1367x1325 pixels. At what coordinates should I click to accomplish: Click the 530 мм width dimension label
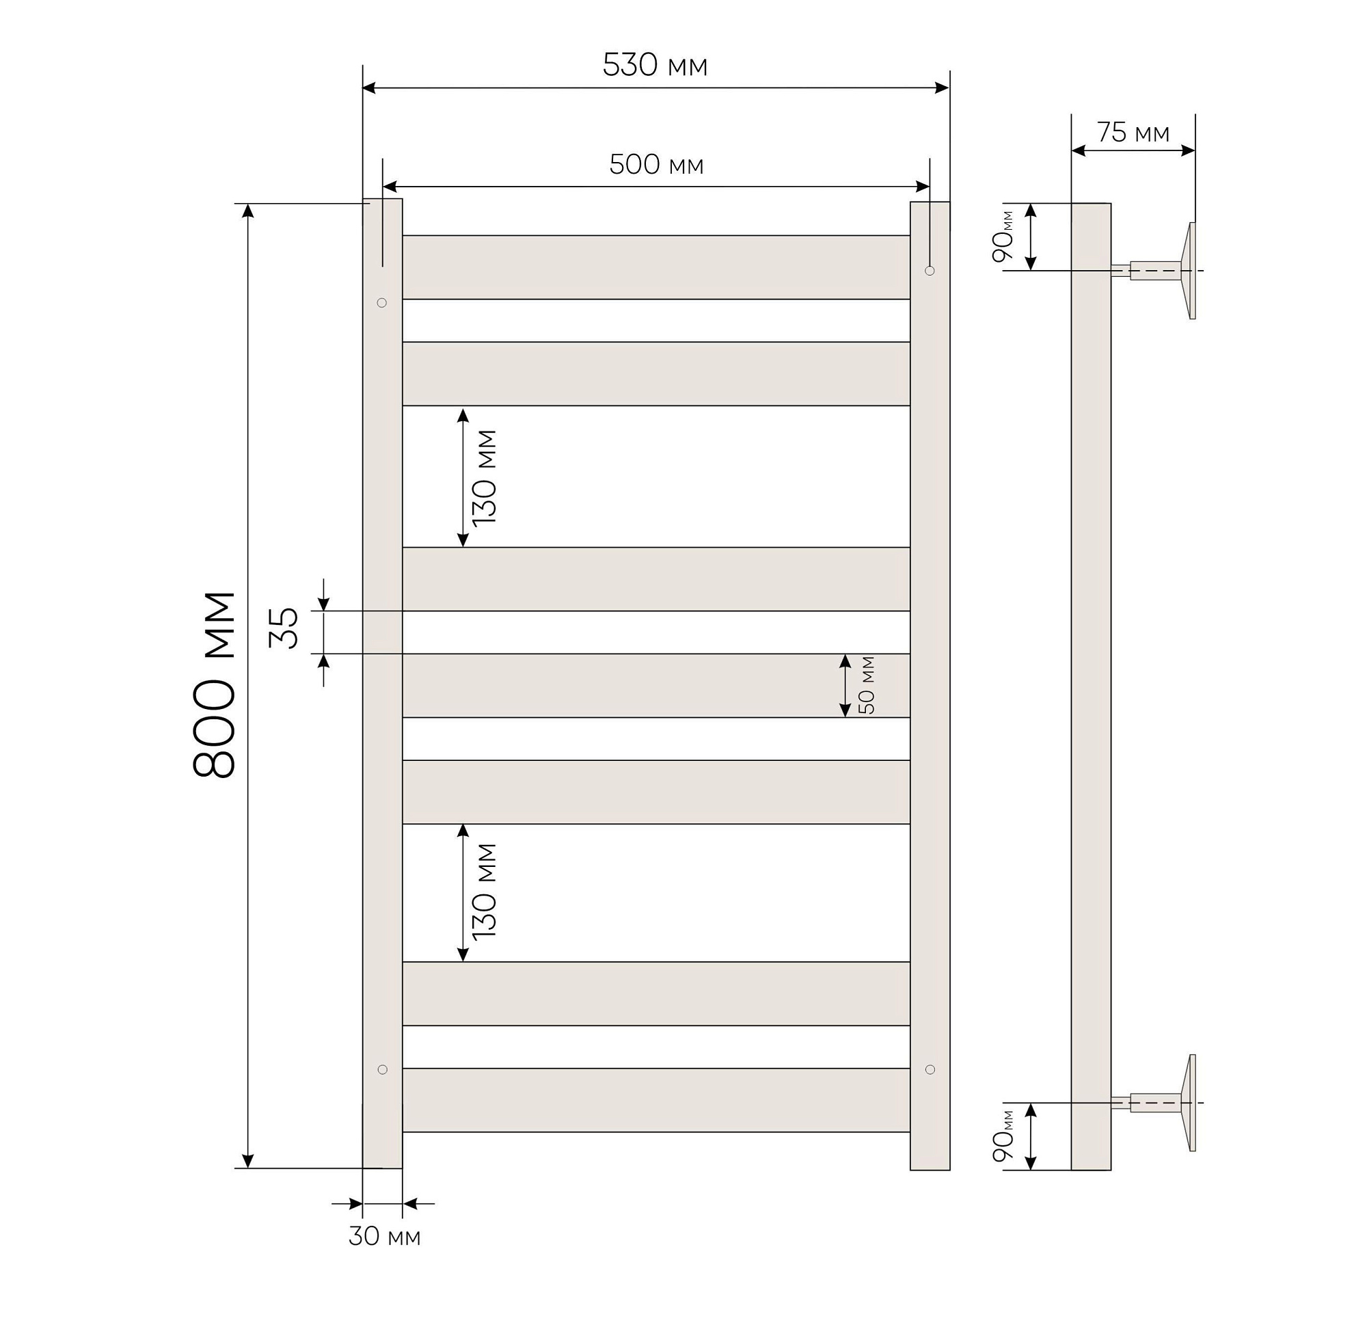point(655,66)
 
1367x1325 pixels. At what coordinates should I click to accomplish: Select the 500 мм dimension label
point(656,165)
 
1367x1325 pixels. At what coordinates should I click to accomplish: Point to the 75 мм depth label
point(1133,133)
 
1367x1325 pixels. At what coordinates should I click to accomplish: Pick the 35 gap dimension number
point(284,628)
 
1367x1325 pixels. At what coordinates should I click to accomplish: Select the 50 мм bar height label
point(867,685)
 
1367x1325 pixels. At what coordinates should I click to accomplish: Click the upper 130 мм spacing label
point(484,478)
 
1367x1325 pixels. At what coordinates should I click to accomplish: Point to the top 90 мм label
point(1003,236)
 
